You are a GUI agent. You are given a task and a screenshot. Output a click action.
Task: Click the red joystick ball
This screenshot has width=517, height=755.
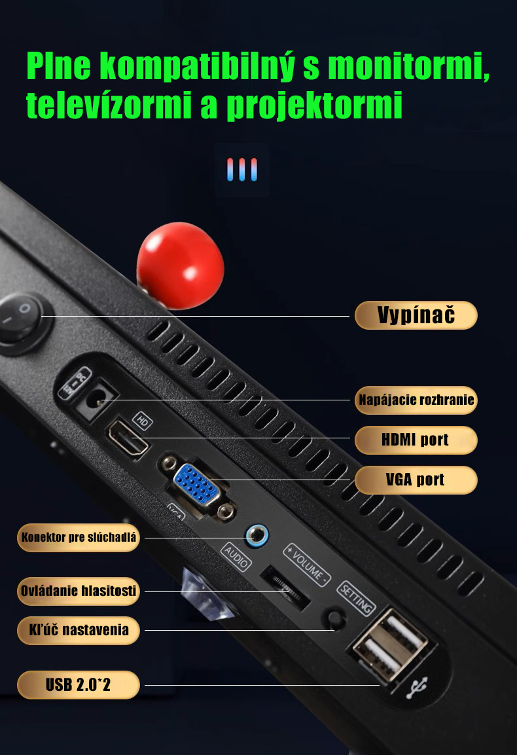pos(180,265)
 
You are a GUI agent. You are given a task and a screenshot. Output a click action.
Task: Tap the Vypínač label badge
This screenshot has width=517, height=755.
pos(416,315)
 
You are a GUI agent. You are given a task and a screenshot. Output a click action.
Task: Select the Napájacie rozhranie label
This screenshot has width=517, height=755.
pos(416,400)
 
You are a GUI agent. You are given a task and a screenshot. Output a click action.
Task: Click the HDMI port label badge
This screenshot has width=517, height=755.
pos(416,440)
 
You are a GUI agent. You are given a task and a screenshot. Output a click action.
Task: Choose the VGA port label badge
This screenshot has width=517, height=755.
pos(416,480)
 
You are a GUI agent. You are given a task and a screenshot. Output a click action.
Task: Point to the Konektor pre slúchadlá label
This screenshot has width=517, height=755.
pos(79,537)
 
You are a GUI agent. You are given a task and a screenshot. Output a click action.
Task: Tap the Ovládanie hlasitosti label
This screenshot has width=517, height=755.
pos(79,591)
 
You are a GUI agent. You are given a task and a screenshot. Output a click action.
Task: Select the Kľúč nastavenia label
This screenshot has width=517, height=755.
pos(79,630)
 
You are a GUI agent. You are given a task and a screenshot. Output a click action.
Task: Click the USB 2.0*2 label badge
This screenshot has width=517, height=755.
pos(79,685)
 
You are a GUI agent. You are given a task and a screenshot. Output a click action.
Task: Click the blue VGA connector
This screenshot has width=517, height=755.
pos(197,484)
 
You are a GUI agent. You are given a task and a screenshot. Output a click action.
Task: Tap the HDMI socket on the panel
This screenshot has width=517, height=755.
pos(127,438)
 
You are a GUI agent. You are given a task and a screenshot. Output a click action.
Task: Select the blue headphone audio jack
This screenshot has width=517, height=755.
pos(257,535)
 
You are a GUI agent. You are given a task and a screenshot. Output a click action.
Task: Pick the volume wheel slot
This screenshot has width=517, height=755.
pos(285,586)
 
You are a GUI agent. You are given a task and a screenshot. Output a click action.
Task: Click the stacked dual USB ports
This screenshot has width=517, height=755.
pos(390,644)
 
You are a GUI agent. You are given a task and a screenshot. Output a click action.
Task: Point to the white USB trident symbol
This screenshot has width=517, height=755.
pos(416,688)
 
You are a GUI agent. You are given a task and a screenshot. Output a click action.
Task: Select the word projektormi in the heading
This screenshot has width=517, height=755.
pos(314,105)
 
